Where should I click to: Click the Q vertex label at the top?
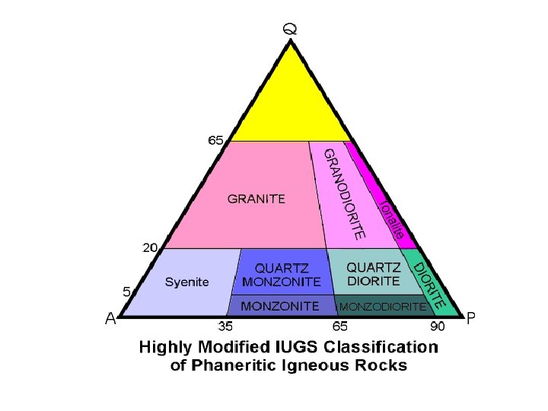290,30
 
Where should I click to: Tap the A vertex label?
110,320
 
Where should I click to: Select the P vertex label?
471,318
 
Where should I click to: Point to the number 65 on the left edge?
216,140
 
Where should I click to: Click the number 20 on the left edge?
151,247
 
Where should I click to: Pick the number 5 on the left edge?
127,291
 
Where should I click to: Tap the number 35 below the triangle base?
226,326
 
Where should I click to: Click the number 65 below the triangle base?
339,326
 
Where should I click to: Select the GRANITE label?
256,199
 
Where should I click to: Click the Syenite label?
186,282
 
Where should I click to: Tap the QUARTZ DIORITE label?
373,274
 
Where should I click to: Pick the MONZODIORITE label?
381,307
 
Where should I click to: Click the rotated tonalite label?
392,220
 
